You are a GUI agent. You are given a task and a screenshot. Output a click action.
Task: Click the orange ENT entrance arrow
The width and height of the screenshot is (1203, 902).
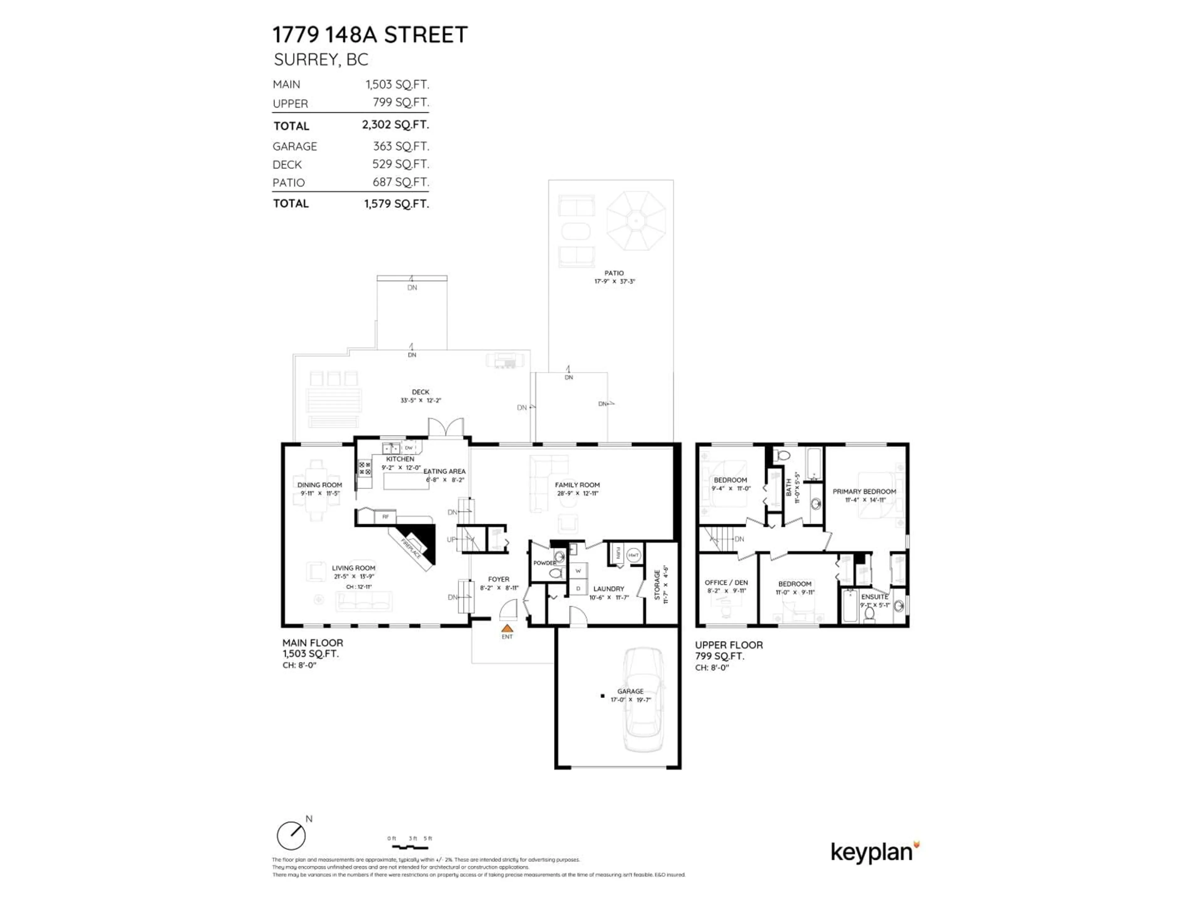point(507,628)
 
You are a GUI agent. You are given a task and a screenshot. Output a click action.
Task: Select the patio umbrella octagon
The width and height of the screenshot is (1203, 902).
point(636,221)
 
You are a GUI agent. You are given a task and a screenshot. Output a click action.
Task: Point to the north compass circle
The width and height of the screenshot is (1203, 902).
point(291,836)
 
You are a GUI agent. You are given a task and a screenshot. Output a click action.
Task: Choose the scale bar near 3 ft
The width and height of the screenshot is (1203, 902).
point(411,847)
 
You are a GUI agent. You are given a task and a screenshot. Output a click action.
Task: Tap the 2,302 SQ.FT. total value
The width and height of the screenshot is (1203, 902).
point(395,125)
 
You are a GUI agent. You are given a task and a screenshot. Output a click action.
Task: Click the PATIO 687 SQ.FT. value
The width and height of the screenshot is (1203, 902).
point(400,182)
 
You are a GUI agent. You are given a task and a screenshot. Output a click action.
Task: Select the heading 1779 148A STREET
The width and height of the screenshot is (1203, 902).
point(370,35)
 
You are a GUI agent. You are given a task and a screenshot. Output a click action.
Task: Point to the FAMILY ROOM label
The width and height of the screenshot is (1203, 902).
point(577,485)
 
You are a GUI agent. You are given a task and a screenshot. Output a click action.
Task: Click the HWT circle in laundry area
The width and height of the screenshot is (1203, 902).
point(633,555)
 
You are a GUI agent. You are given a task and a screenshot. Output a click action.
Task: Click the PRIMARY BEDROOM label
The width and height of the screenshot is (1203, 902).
point(864,491)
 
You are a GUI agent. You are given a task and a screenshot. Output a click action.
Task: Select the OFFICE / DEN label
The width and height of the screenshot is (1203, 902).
point(726,582)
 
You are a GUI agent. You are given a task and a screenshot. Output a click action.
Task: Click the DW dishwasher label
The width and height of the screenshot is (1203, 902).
point(409,448)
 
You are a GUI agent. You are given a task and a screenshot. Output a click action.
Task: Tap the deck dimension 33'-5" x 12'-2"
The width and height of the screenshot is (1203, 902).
point(420,400)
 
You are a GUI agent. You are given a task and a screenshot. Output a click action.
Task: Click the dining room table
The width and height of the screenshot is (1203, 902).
point(315,491)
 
